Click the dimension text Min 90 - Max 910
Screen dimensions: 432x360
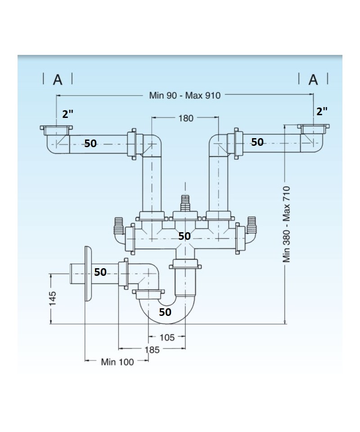click(185, 95)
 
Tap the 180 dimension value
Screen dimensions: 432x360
click(185, 118)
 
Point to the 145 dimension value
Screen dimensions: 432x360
click(53, 298)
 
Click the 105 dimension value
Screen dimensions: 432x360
click(167, 337)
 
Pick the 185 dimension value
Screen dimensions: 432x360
click(152, 350)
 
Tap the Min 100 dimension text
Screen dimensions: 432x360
click(117, 362)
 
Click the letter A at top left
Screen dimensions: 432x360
click(58, 80)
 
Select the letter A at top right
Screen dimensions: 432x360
click(313, 80)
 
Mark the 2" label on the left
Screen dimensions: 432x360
click(68, 113)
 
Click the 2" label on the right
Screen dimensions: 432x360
click(322, 112)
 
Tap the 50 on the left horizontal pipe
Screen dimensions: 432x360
click(90, 144)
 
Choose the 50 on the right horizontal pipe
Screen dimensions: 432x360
click(257, 142)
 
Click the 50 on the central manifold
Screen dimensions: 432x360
click(184, 236)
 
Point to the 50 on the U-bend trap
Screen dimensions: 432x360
click(165, 312)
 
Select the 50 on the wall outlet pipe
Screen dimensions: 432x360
click(100, 272)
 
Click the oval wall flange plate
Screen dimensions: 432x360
click(88, 274)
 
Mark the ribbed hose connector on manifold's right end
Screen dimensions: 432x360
click(251, 224)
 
